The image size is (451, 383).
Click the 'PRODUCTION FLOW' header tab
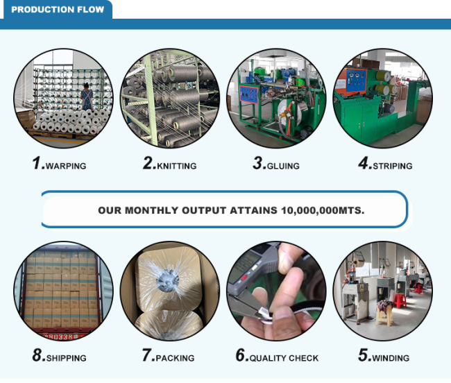click(58, 10)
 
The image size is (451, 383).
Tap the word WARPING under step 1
click(66, 167)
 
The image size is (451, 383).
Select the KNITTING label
click(177, 167)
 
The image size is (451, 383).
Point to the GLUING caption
click(283, 167)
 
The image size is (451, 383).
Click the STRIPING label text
click(393, 167)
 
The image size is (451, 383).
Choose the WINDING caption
click(391, 358)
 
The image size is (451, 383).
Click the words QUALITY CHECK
click(284, 358)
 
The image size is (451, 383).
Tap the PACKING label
click(175, 358)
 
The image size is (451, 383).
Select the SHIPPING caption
click(66, 358)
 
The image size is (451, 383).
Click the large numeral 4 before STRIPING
click(365, 163)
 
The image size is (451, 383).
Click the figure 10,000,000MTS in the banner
click(323, 210)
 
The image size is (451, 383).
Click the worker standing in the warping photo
click(87, 97)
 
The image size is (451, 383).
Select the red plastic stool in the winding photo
click(400, 301)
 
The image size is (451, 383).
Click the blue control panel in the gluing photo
click(249, 94)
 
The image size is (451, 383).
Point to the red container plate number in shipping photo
click(62, 337)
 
